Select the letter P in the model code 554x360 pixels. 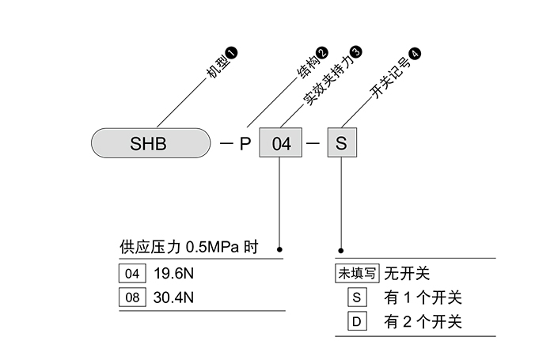pos(245,144)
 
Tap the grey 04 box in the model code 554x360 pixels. pos(282,144)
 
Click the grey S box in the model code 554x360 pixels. pos(341,144)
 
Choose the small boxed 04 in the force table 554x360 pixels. pos(132,275)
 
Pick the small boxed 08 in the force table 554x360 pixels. pos(132,297)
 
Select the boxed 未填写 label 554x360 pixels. pos(357,274)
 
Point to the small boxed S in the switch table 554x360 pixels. pos(357,297)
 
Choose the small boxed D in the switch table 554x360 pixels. pos(357,321)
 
